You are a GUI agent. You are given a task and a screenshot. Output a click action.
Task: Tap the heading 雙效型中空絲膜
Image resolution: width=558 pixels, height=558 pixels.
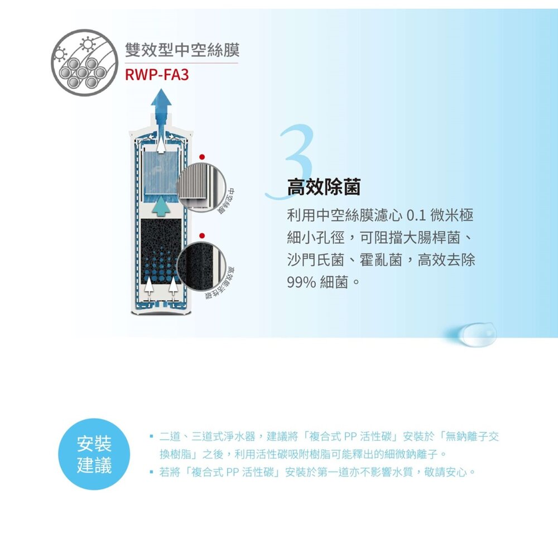point(182,50)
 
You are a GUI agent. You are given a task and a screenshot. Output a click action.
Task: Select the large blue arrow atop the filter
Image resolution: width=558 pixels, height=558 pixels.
point(162,109)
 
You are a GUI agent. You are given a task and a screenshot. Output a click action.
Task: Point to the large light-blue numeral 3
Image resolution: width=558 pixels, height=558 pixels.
point(296,162)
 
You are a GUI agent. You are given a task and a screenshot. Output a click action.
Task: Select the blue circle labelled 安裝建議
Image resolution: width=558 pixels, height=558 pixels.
point(94,454)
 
